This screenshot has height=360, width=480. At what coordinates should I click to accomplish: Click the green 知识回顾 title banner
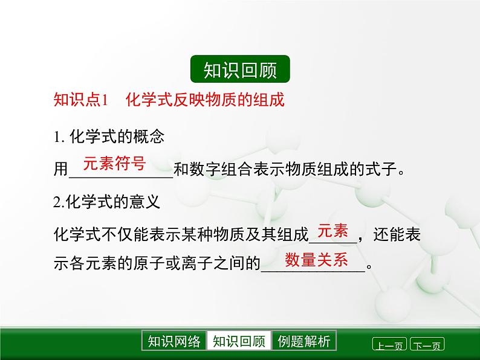[240, 69]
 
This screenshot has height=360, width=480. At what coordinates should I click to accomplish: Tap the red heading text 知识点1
[81, 100]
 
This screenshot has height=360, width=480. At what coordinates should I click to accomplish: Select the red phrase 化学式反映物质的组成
[205, 100]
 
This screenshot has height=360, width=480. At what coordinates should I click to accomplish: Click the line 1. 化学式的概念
[109, 137]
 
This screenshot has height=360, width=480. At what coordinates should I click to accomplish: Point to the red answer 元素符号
[114, 163]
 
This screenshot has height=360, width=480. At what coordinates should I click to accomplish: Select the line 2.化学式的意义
[106, 202]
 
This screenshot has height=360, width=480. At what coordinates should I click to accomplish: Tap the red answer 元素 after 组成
[332, 231]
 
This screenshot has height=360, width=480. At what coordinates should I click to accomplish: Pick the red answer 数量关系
[316, 260]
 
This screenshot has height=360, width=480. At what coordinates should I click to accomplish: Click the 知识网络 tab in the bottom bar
[174, 341]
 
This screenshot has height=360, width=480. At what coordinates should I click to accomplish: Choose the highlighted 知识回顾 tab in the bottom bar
[239, 341]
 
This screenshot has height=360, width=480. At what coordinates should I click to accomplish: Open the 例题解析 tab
[304, 341]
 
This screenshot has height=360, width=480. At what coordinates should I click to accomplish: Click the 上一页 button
[389, 344]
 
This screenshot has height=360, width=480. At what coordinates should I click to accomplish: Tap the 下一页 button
[427, 344]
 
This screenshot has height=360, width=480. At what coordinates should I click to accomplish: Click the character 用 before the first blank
[60, 169]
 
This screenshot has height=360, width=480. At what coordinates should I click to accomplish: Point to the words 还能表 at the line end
[397, 234]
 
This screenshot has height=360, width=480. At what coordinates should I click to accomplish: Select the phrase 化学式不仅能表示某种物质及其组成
[181, 234]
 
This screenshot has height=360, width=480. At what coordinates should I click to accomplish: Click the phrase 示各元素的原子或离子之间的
[157, 263]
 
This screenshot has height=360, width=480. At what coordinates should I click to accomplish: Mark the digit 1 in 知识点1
[105, 100]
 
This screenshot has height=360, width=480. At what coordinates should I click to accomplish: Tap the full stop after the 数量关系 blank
[369, 267]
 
